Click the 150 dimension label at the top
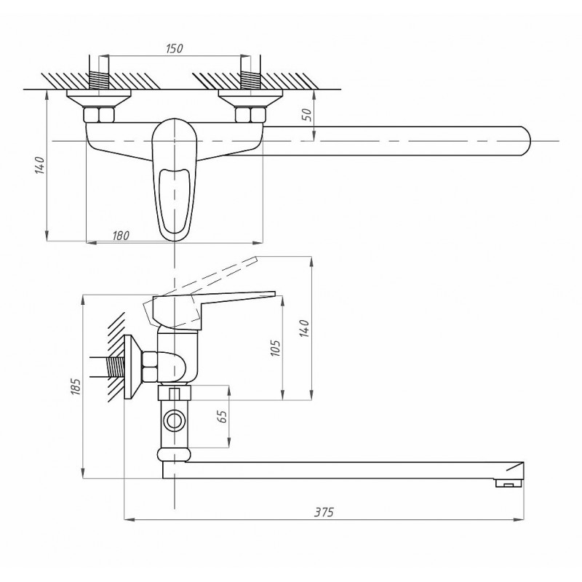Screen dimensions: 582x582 (175, 48)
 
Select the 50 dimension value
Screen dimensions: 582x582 (308, 115)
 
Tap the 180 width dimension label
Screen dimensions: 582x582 (121, 236)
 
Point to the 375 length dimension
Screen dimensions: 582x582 (324, 512)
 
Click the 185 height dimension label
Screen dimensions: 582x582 (76, 386)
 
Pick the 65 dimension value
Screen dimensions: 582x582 (223, 416)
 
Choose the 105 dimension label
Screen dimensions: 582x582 (275, 348)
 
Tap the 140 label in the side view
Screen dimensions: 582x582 (304, 328)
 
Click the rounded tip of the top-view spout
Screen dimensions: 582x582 (527, 141)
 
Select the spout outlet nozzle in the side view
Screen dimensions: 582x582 (509, 482)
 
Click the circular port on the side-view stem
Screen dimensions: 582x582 (173, 421)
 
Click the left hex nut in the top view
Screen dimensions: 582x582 (99, 115)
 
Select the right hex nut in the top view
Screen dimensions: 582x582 (250, 115)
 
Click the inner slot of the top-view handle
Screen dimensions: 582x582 (175, 201)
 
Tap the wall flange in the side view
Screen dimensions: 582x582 (132, 367)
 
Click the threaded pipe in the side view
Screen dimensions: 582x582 (116, 367)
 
